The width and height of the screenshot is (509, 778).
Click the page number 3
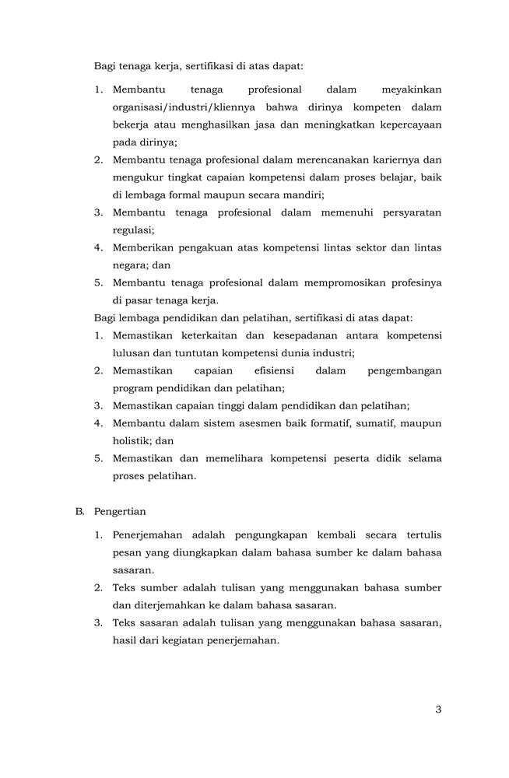click(438, 709)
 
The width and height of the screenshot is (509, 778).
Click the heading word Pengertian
click(120, 512)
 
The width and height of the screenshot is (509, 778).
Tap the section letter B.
click(79, 512)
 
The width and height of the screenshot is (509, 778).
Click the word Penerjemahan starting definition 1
click(148, 536)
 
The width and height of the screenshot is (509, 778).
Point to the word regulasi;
click(133, 230)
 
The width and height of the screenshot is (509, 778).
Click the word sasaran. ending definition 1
click(133, 570)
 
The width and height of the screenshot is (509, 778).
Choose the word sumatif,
click(372, 423)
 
